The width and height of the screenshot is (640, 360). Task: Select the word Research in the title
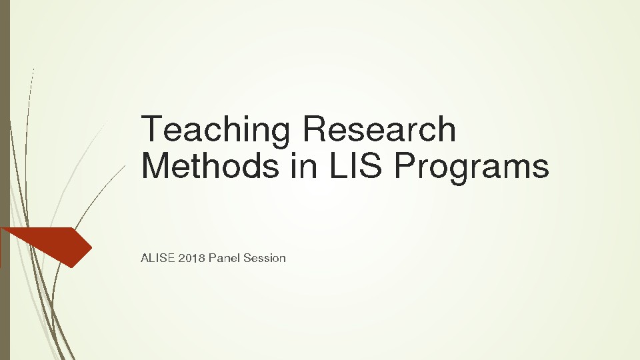tap(379, 129)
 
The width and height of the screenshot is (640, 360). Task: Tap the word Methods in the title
tap(210, 165)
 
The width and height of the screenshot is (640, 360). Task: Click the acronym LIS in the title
tap(355, 165)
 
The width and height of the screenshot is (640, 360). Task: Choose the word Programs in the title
tap(471, 168)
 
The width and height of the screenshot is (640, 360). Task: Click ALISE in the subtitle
tap(157, 258)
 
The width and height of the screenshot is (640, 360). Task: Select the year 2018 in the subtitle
tap(191, 258)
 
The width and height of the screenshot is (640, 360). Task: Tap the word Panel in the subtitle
tap(224, 258)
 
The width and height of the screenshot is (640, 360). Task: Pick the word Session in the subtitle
tap(265, 258)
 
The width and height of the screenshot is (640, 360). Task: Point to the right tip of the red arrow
tap(92, 247)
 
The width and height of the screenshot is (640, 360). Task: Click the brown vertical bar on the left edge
tap(5, 180)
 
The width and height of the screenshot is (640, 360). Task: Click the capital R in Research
tap(315, 129)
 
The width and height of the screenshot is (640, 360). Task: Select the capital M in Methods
tap(157, 165)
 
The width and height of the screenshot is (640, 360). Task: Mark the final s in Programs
tap(541, 169)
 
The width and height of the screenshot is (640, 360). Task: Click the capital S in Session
tap(248, 258)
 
